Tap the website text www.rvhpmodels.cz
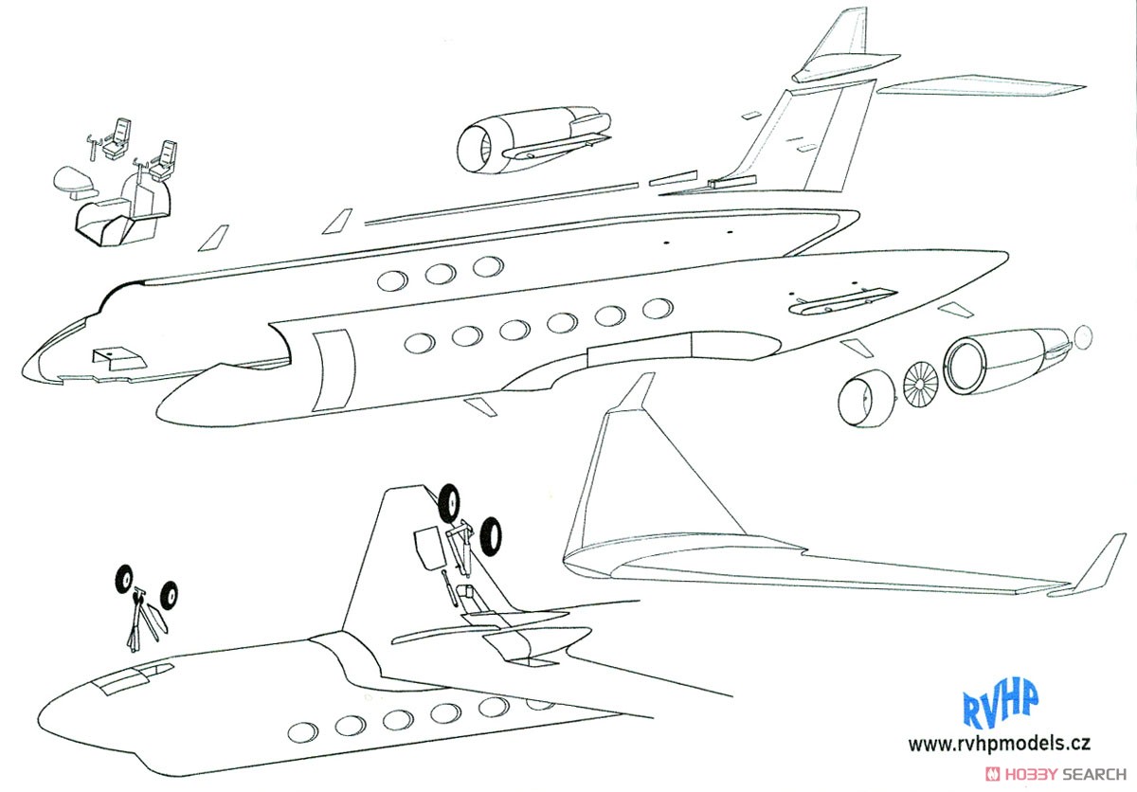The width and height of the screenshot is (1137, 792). pos(999,745)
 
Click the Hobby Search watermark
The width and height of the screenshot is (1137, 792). pos(1056,775)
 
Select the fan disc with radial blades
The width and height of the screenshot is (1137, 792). pos(921,386)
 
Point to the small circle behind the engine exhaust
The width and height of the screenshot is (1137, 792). pos(1083,337)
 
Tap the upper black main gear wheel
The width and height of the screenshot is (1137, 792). pos(449,503)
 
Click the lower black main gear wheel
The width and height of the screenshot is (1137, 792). pos(491,536)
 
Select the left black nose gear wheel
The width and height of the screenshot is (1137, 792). pos(124,579)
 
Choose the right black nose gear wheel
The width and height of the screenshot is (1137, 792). pos(169,595)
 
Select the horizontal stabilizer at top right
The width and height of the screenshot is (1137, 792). pos(981,85)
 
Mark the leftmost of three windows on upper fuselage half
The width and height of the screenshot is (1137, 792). pos(392,280)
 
